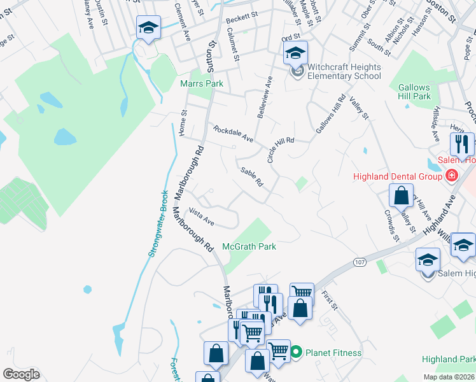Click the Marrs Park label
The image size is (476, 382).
202,83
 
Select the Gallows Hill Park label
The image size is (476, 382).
414,92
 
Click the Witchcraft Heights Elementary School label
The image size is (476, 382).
344,71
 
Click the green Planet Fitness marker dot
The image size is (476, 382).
296,351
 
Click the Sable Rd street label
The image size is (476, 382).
252,176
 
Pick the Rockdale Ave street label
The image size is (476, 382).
234,134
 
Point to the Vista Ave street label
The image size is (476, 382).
202,217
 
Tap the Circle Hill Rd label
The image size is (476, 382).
281,150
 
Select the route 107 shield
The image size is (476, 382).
360,262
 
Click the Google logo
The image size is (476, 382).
21,374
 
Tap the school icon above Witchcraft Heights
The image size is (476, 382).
295,53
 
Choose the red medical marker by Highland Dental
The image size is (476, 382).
452,175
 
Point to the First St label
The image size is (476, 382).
328,298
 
